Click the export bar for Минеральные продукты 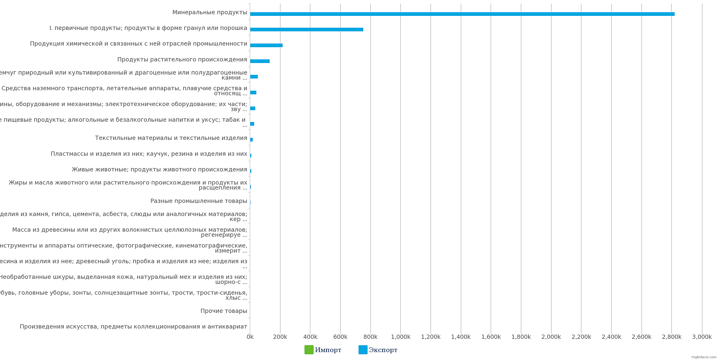[462, 14]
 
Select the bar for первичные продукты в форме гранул [306, 30]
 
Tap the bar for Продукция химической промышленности [266, 45]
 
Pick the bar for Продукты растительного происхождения [260, 61]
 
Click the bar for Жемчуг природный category [254, 77]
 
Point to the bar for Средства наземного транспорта [253, 93]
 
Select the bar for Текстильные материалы [251, 140]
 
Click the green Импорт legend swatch [309, 350]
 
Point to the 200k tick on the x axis [280, 337]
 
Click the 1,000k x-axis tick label [400, 337]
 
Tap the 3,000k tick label [702, 337]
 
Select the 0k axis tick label [250, 337]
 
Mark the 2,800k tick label [671, 337]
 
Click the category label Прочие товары [224, 311]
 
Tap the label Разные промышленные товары [199, 201]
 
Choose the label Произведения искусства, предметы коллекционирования [133, 327]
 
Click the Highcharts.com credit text [703, 357]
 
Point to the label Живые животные [159, 170]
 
